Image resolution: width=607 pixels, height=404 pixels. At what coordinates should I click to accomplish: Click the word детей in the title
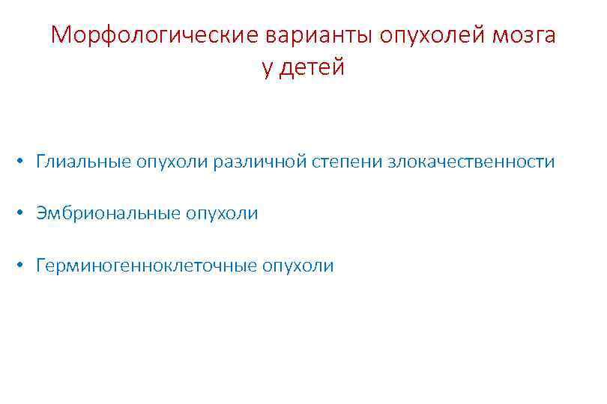click(315, 68)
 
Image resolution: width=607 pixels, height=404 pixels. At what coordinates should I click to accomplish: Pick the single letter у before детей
click(268, 69)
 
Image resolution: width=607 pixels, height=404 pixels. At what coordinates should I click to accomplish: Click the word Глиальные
click(83, 162)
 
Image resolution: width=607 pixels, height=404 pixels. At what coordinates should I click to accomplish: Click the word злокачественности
click(471, 162)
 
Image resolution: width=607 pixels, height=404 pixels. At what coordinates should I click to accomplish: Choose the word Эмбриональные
click(107, 213)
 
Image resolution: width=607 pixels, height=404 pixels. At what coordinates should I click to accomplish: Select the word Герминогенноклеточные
click(146, 266)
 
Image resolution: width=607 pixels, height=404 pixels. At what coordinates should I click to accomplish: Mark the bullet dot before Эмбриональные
click(24, 214)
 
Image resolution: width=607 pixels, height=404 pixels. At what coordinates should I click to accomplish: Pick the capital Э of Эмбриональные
click(40, 213)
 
